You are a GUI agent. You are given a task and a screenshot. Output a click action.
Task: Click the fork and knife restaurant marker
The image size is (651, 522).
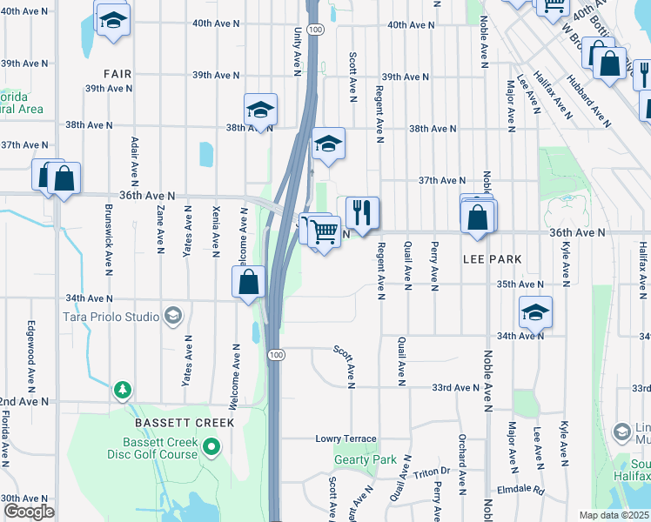point(362,212)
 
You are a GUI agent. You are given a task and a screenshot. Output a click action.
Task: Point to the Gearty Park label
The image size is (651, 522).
point(366,459)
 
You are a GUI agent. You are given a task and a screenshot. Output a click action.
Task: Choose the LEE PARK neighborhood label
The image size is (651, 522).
point(492,259)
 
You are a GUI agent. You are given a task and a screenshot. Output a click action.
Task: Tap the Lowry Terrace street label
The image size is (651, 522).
point(346,439)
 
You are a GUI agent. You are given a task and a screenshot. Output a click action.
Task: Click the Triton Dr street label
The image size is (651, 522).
point(432,472)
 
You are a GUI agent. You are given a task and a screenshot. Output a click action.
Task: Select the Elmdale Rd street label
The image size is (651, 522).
point(520,490)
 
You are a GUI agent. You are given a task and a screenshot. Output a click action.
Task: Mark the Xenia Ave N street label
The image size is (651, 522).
point(215,232)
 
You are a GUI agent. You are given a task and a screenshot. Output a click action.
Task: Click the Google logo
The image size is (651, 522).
point(29,512)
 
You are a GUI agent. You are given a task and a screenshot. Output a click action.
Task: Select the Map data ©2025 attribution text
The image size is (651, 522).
point(614,515)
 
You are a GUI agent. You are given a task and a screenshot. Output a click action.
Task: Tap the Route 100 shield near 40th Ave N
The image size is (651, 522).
point(315,30)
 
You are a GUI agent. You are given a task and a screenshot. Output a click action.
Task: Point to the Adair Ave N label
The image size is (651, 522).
point(134,162)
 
